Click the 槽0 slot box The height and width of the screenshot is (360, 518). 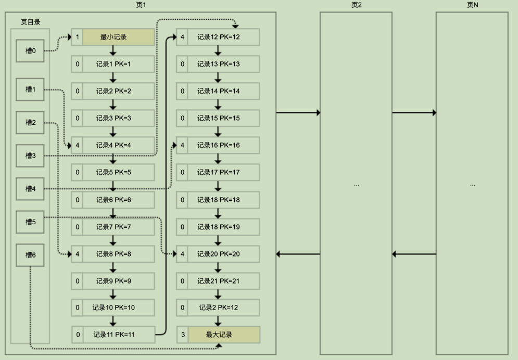click(30, 50)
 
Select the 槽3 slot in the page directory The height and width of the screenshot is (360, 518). click(30, 155)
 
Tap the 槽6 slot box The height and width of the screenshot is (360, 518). click(30, 255)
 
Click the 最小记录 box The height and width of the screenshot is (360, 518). click(119, 37)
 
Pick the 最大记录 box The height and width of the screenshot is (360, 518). click(224, 335)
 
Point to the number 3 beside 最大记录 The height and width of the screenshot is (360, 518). click(182, 335)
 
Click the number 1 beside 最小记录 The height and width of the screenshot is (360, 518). click(77, 37)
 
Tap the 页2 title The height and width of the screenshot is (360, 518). click(356, 5)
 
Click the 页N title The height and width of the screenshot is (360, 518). click(472, 5)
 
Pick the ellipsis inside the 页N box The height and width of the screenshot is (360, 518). click(472, 185)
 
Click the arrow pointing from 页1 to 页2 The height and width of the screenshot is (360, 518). click(298, 112)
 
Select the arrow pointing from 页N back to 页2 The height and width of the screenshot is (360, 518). click(414, 254)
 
